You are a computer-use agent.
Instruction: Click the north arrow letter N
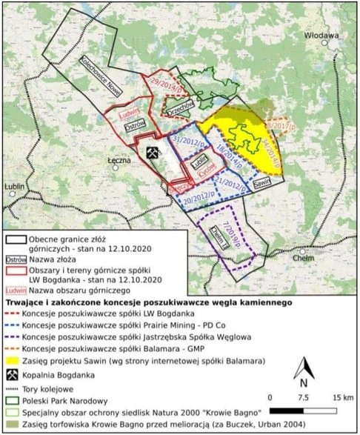pos(303,382)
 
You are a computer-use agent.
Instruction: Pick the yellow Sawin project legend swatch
pos(14,359)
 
